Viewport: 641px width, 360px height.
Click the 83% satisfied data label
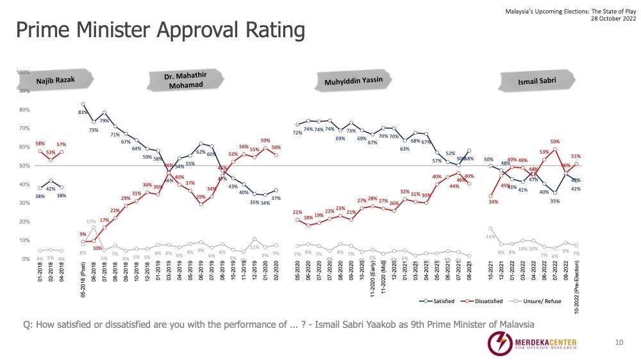pos(83,113)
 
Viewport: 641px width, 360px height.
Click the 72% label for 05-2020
pos(297,133)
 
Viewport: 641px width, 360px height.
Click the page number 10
pos(619,343)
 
